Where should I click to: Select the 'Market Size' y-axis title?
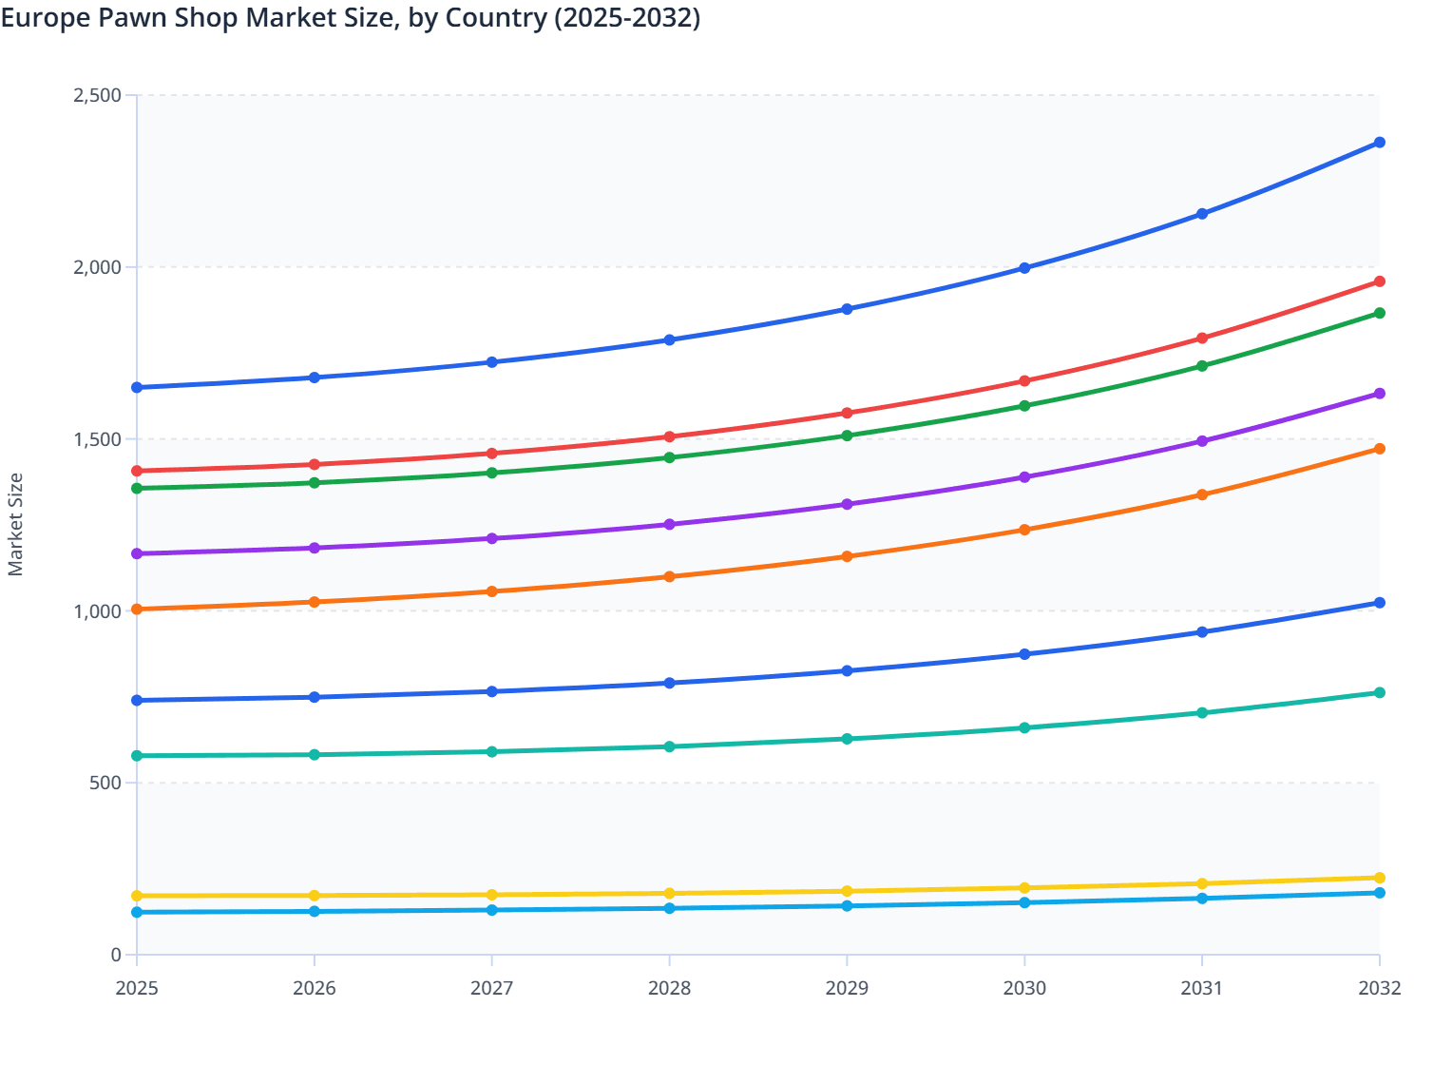tap(15, 525)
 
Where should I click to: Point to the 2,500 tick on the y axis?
tap(97, 95)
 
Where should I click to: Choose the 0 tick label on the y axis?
tap(116, 955)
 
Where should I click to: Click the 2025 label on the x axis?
tap(137, 988)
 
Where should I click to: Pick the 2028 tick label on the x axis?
tap(669, 988)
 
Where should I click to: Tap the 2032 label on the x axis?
tap(1379, 988)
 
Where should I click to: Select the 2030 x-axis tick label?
tap(1024, 988)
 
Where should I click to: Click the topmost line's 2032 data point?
tap(1380, 143)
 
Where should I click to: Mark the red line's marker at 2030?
tap(1024, 381)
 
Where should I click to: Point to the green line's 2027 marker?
tap(492, 473)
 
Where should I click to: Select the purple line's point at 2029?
tap(847, 504)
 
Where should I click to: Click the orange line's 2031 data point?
tap(1202, 494)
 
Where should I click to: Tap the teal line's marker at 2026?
tap(315, 755)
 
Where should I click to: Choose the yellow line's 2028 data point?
tap(669, 894)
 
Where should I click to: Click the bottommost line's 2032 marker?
tap(1380, 893)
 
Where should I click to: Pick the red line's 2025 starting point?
tap(137, 471)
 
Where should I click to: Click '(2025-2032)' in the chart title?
tap(627, 17)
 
